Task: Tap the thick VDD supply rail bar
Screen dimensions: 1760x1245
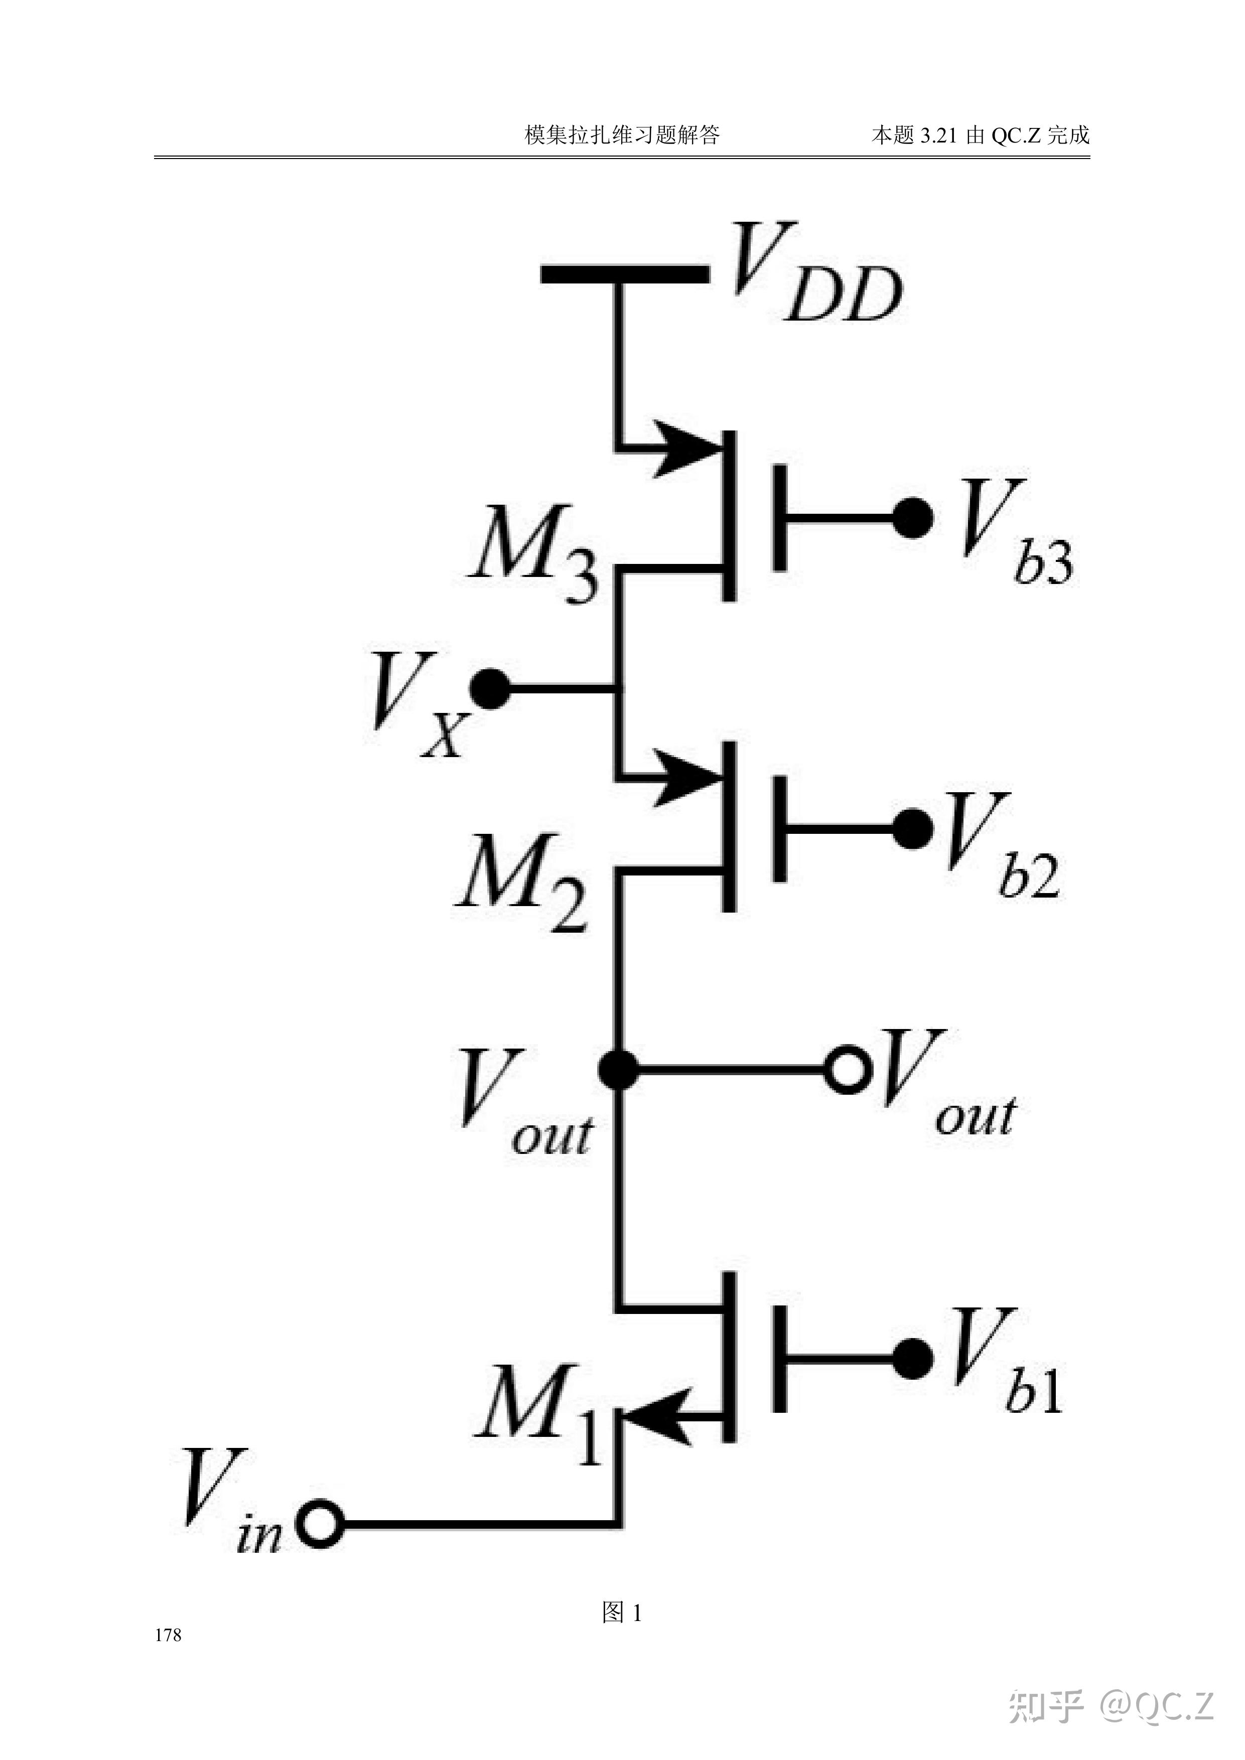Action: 625,273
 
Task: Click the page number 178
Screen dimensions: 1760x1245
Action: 168,1635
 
